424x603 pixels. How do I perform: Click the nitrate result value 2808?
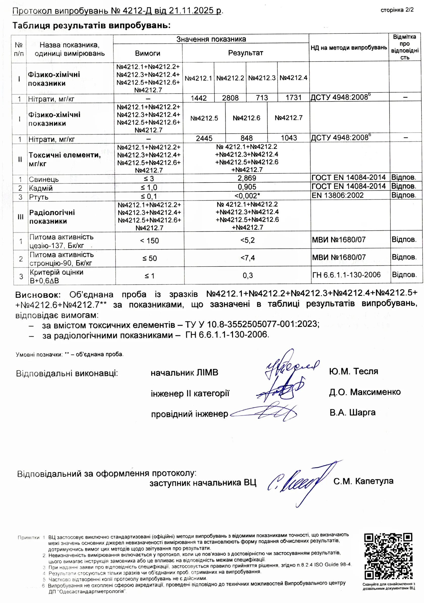point(230,98)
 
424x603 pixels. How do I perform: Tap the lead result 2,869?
point(247,178)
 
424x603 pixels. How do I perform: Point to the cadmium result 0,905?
point(247,187)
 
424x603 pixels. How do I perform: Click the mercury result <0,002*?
point(247,196)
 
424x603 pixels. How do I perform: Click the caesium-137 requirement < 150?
point(149,240)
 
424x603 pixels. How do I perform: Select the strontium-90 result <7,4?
point(247,258)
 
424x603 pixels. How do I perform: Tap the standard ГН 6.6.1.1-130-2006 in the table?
point(346,275)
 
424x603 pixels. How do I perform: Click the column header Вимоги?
point(147,53)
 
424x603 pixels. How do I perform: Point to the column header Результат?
point(245,53)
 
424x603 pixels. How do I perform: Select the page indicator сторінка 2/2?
point(397,10)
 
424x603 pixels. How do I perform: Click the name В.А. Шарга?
point(352,413)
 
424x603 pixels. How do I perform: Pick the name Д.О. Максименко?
point(365,392)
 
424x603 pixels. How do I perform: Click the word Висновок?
point(38,295)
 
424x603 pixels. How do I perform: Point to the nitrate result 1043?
point(289,138)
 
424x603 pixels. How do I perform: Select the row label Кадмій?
point(41,188)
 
